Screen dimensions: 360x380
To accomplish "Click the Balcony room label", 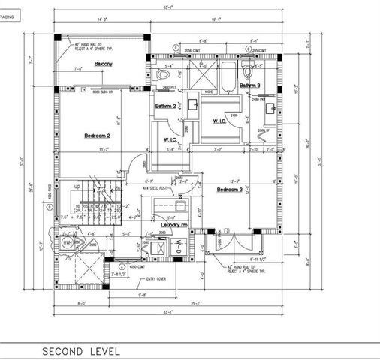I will [x=104, y=64].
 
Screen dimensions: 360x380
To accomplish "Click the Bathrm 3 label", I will [x=250, y=85].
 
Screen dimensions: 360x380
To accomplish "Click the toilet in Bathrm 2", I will [x=164, y=75].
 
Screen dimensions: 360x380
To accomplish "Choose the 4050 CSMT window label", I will [x=136, y=265].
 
